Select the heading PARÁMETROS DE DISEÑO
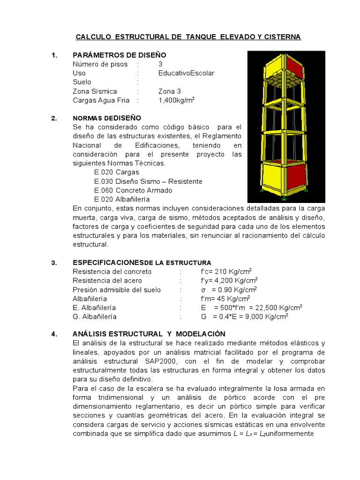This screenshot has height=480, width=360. tap(120, 55)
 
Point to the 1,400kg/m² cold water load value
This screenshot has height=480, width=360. tap(176, 100)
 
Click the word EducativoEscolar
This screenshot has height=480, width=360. tap(186, 73)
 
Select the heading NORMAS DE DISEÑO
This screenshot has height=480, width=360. tap(107, 118)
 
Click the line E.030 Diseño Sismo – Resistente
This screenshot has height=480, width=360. tap(148, 181)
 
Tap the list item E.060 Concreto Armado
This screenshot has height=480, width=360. tap(133, 190)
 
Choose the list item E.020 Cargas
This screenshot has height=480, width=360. tap(116, 172)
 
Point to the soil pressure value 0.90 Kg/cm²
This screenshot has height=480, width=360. tap(229, 290)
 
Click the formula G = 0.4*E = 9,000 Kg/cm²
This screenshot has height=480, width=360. tap(244, 316)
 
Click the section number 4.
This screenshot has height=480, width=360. tap(54, 334)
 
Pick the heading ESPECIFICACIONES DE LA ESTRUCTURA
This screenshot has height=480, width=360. tap(142, 262)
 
